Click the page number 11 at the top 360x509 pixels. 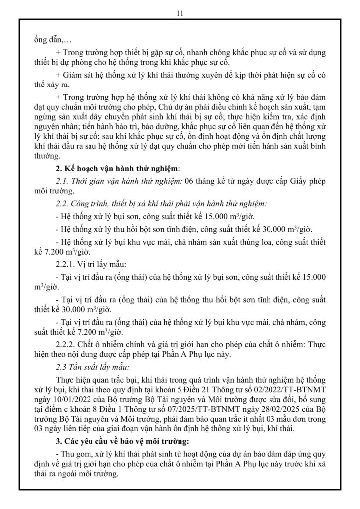click(x=180, y=13)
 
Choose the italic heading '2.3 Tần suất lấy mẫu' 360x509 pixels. click(x=92, y=368)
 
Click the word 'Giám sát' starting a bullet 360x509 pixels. click(x=80, y=75)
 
